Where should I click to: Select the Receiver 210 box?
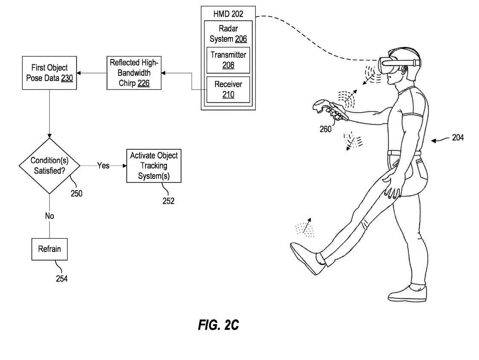[x=228, y=89]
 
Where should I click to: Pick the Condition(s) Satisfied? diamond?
[x=50, y=165]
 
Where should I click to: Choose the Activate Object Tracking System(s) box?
[x=154, y=165]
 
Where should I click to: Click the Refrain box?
[x=49, y=249]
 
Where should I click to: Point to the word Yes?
[x=104, y=165]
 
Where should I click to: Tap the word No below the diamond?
[x=49, y=216]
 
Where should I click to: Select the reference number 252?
[x=168, y=200]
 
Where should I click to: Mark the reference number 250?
[x=76, y=193]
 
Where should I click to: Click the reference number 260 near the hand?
[x=325, y=129]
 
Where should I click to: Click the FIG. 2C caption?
[x=218, y=325]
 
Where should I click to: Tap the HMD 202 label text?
[x=228, y=14]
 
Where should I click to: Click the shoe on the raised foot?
[x=305, y=258]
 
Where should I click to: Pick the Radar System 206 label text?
[x=228, y=34]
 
